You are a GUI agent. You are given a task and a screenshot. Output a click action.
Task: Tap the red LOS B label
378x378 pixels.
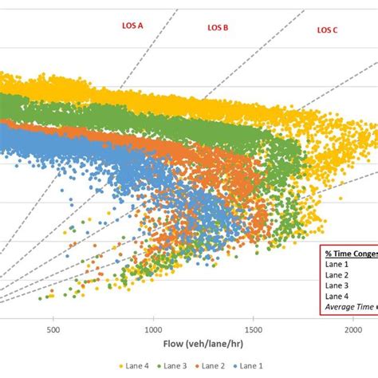(218, 27)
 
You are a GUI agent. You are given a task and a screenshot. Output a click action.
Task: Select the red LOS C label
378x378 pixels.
(327, 30)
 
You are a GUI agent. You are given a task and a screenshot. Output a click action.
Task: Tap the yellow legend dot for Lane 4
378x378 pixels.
(119, 366)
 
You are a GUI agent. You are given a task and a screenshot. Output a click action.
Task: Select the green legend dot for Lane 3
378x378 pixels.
(160, 366)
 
